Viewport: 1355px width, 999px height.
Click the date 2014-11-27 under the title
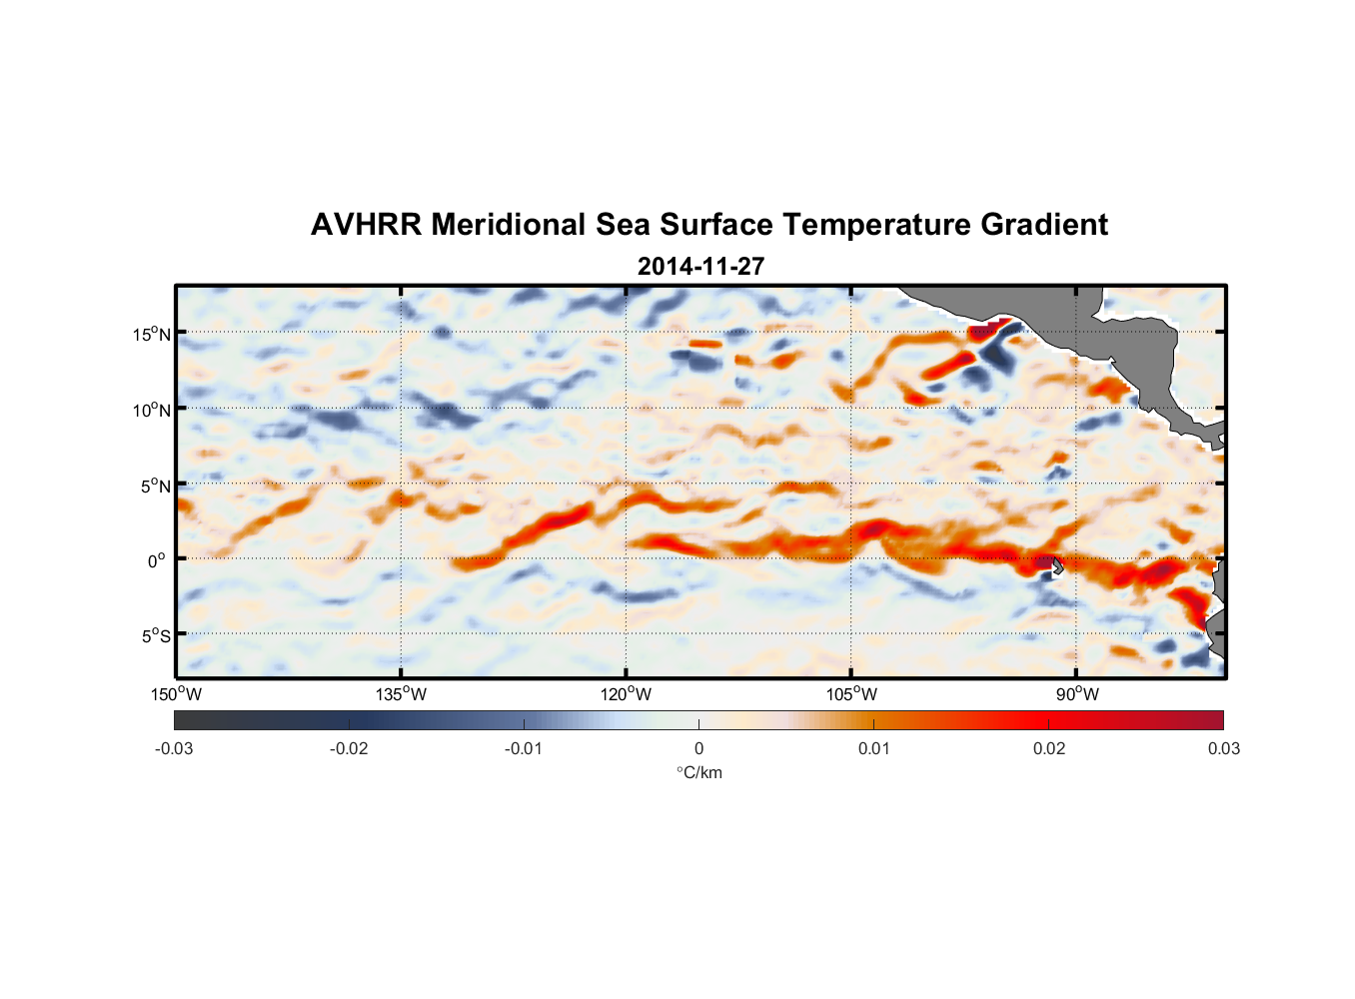click(x=700, y=267)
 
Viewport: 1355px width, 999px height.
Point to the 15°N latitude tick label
click(x=152, y=334)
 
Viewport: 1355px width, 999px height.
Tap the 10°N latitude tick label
click(x=152, y=410)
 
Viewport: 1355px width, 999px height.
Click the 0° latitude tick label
click(x=157, y=560)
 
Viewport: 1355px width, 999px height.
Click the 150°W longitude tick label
click(x=177, y=694)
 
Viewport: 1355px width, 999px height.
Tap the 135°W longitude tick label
click(x=402, y=694)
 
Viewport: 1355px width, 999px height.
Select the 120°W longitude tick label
click(x=627, y=694)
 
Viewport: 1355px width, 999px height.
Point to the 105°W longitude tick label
click(x=851, y=694)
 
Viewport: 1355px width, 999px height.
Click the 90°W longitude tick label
click(x=1077, y=694)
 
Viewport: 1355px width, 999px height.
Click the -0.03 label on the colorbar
click(x=174, y=748)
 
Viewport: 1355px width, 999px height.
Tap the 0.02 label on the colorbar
click(x=1049, y=748)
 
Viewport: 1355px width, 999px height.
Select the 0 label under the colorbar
click(x=698, y=748)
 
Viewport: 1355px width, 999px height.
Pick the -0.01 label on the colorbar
click(x=524, y=748)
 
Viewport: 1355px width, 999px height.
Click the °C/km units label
click(x=698, y=772)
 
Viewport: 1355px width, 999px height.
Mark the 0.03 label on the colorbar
click(x=1223, y=748)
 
